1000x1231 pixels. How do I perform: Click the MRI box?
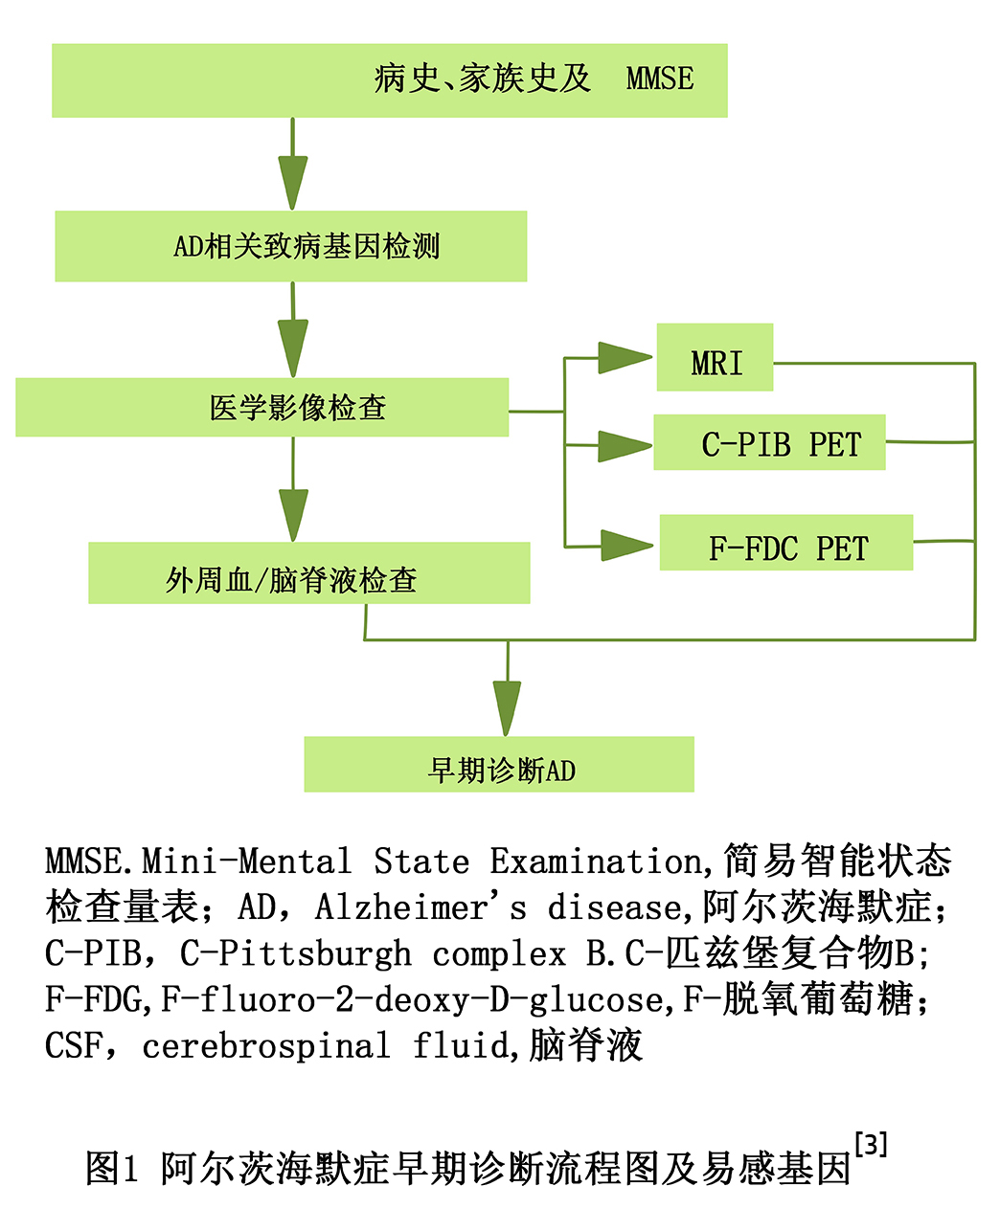point(715,357)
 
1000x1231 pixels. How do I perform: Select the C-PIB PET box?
point(769,442)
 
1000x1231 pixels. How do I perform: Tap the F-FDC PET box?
point(786,542)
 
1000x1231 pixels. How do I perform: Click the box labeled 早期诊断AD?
point(499,764)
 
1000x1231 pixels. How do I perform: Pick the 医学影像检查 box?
point(262,407)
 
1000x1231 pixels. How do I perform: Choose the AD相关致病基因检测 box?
point(291,246)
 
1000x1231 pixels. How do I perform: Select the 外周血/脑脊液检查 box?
point(309,572)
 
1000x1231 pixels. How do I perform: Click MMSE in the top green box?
point(660,78)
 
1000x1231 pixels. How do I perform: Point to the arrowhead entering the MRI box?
point(625,358)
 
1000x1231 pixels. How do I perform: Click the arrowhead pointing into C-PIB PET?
point(625,445)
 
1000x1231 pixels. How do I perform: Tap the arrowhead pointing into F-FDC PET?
point(627,546)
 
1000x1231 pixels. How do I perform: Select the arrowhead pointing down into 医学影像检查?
point(293,348)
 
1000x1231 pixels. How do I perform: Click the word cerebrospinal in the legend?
point(266,1045)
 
